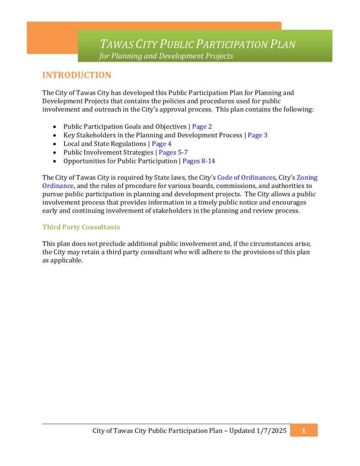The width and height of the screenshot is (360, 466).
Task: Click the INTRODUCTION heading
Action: click(76, 76)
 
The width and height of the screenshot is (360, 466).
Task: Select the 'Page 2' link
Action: click(202, 127)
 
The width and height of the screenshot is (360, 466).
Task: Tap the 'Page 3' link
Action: click(258, 135)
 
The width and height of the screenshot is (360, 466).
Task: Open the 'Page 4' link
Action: click(162, 144)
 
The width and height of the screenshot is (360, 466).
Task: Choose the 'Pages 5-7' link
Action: click(173, 152)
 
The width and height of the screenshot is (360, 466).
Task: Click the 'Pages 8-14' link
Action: click(198, 161)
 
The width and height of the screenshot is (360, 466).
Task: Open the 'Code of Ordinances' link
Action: click(246, 177)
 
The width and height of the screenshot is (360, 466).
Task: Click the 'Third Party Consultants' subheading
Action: click(81, 227)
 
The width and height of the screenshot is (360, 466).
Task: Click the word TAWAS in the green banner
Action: click(117, 45)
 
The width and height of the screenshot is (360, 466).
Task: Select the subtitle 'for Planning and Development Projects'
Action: click(166, 56)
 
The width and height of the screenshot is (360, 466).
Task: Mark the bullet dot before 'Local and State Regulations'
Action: click(55, 144)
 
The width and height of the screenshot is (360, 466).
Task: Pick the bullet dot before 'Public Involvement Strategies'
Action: click(55, 153)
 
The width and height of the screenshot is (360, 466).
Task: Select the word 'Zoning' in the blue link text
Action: click(307, 177)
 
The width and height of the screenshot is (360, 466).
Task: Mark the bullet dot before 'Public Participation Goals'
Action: click(55, 127)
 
